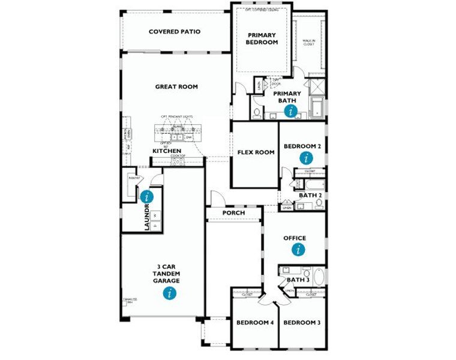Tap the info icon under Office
click(298, 250)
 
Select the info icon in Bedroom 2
click(307, 158)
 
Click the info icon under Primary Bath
click(292, 110)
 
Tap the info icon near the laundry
click(146, 196)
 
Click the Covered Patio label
click(175, 32)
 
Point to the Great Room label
click(176, 86)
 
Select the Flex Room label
click(256, 152)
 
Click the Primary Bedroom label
click(262, 39)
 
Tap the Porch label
click(233, 213)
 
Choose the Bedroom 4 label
click(255, 323)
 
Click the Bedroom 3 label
click(302, 323)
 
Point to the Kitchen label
click(167, 151)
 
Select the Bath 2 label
click(311, 196)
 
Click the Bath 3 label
click(298, 280)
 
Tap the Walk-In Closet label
click(309, 41)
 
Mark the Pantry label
click(134, 178)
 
